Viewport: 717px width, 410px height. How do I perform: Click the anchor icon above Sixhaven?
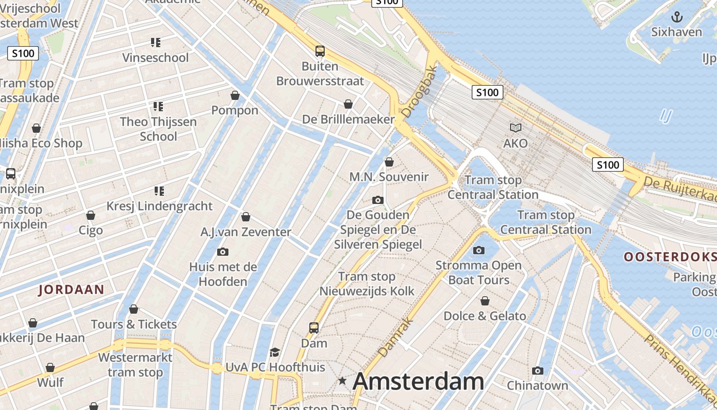click(x=677, y=17)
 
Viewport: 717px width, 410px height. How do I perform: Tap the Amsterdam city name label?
click(x=418, y=381)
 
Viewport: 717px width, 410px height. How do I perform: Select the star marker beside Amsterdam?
click(x=342, y=381)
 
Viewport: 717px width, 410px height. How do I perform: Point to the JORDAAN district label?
click(x=72, y=290)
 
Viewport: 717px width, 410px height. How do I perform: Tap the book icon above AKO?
click(x=515, y=128)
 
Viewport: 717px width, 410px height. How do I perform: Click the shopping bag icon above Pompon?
click(x=235, y=95)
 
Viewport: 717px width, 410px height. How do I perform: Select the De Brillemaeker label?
click(x=348, y=119)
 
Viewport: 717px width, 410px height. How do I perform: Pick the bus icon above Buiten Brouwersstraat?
click(x=320, y=51)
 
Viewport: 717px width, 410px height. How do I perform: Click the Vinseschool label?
click(x=156, y=57)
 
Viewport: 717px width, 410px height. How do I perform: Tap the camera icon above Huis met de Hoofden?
click(x=223, y=252)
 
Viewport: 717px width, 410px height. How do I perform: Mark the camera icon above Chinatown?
click(x=537, y=371)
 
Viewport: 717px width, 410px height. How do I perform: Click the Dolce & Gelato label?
click(x=484, y=316)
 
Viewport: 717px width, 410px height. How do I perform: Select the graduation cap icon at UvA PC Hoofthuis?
click(x=275, y=353)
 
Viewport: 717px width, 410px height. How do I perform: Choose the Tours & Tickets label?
click(x=134, y=324)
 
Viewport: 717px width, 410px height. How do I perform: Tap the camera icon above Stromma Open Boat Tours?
click(x=479, y=250)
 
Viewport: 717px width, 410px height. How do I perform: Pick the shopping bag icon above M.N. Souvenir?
click(x=389, y=162)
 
